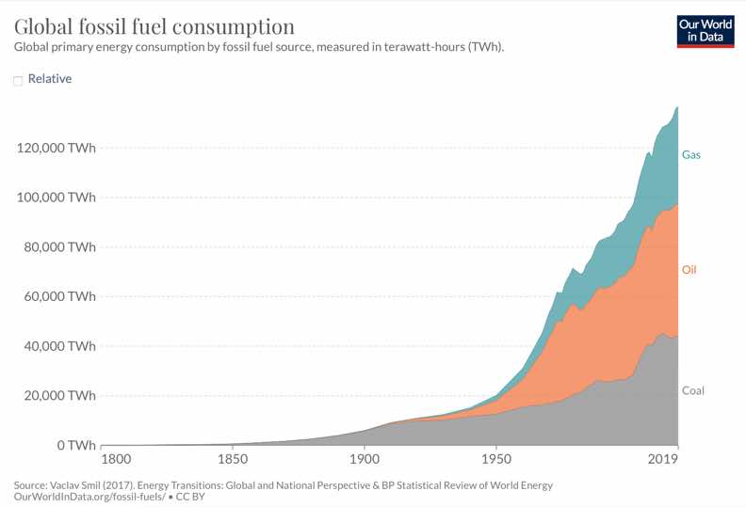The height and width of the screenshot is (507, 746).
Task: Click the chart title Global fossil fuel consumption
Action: point(154,25)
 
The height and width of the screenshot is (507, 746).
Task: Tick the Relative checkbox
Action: point(18,81)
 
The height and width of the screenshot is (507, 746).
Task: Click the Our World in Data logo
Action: point(705,31)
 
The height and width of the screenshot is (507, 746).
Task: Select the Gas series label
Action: point(691,154)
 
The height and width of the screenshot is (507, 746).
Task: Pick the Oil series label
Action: point(689,270)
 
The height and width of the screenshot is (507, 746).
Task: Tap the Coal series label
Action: point(692,390)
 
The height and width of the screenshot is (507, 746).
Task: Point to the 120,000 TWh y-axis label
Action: point(56,149)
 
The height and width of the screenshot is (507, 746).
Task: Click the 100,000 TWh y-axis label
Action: point(56,198)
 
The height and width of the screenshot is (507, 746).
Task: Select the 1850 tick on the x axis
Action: point(233,460)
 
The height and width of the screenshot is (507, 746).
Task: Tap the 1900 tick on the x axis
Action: point(364,460)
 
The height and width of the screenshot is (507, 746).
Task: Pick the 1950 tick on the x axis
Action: point(495,460)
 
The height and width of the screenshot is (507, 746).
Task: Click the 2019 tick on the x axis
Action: point(664,460)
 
